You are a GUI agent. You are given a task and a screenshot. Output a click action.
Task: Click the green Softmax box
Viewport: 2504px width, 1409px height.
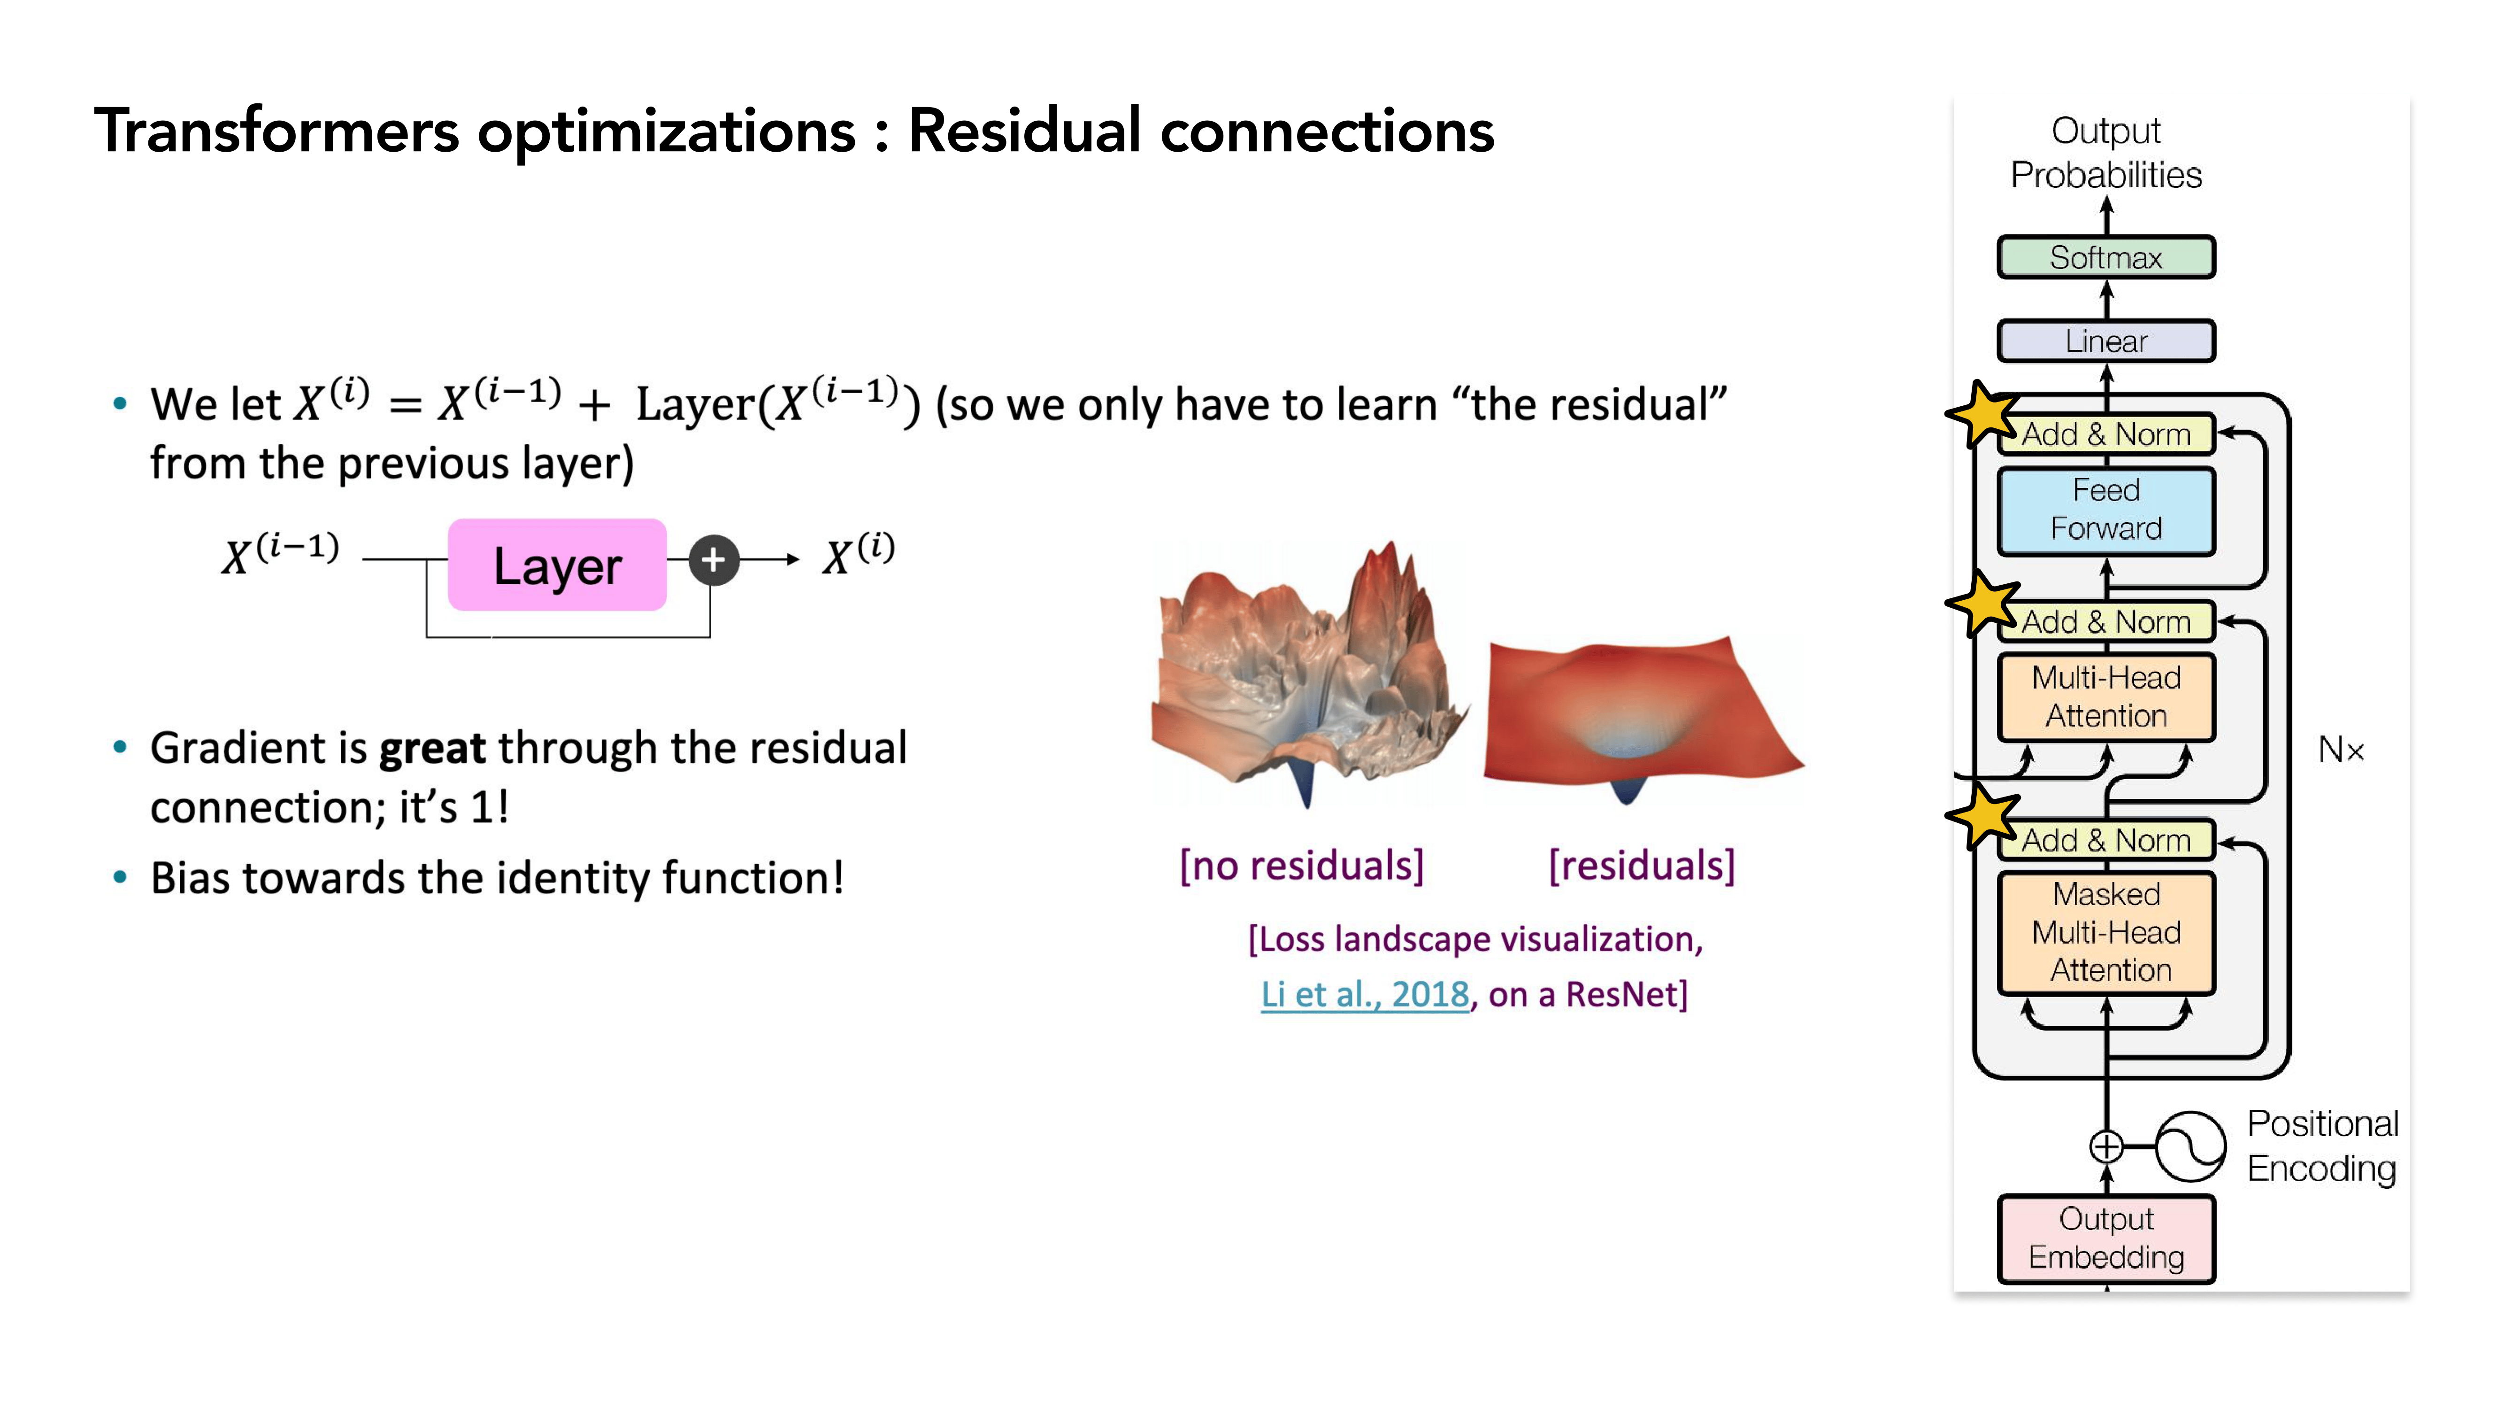[x=2105, y=258]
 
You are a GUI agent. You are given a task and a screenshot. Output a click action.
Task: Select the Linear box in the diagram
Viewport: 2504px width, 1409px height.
[x=2105, y=341]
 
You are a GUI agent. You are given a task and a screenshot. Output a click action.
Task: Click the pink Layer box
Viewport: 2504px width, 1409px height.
[x=557, y=565]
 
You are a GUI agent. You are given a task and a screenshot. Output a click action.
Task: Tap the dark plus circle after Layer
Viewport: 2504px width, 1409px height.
[x=714, y=560]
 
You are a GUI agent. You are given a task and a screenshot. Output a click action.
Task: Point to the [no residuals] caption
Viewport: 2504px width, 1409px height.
[x=1302, y=865]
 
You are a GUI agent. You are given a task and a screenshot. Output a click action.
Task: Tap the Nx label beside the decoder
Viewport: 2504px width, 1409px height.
[x=2341, y=750]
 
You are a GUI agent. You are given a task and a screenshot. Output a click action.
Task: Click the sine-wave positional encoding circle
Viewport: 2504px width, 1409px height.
[x=2190, y=1146]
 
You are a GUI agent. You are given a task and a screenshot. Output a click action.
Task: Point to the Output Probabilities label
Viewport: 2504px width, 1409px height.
[x=2105, y=153]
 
